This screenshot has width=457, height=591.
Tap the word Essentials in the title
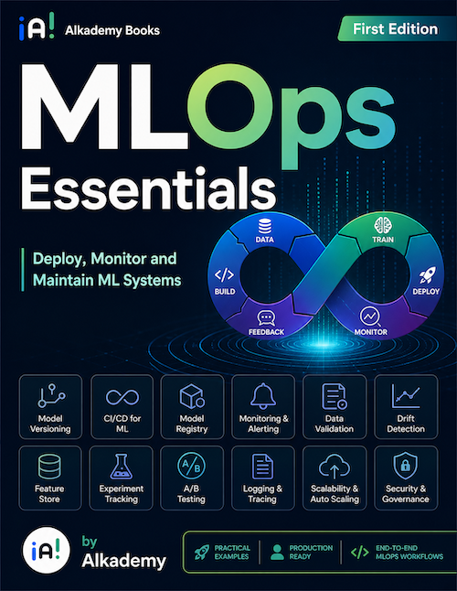pyautogui.click(x=148, y=189)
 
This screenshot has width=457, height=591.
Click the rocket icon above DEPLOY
pyautogui.click(x=427, y=274)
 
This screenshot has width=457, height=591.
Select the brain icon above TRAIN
pyautogui.click(x=383, y=225)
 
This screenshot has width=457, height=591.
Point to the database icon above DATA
pyautogui.click(x=265, y=226)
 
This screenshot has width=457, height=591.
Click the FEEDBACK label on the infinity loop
pyautogui.click(x=266, y=332)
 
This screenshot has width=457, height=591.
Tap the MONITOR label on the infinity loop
pyautogui.click(x=370, y=332)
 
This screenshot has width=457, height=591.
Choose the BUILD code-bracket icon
pyautogui.click(x=224, y=275)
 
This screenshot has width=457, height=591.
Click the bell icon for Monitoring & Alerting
pyautogui.click(x=263, y=396)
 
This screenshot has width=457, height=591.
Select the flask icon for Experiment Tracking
pyautogui.click(x=122, y=467)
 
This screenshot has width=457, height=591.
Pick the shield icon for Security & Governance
pyautogui.click(x=405, y=466)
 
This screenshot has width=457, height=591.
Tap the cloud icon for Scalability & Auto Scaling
pyautogui.click(x=335, y=467)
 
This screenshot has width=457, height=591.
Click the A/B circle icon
pyautogui.click(x=191, y=467)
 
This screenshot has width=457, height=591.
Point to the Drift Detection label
pyautogui.click(x=406, y=424)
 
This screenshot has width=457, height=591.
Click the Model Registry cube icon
pyautogui.click(x=192, y=396)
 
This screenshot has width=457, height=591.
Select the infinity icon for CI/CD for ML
pyautogui.click(x=122, y=397)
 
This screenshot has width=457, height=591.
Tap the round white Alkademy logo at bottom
pyautogui.click(x=47, y=551)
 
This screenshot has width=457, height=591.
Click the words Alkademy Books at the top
pyautogui.click(x=112, y=30)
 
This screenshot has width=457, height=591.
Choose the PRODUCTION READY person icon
pyautogui.click(x=278, y=553)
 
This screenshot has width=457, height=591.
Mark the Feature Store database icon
pyautogui.click(x=49, y=467)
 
